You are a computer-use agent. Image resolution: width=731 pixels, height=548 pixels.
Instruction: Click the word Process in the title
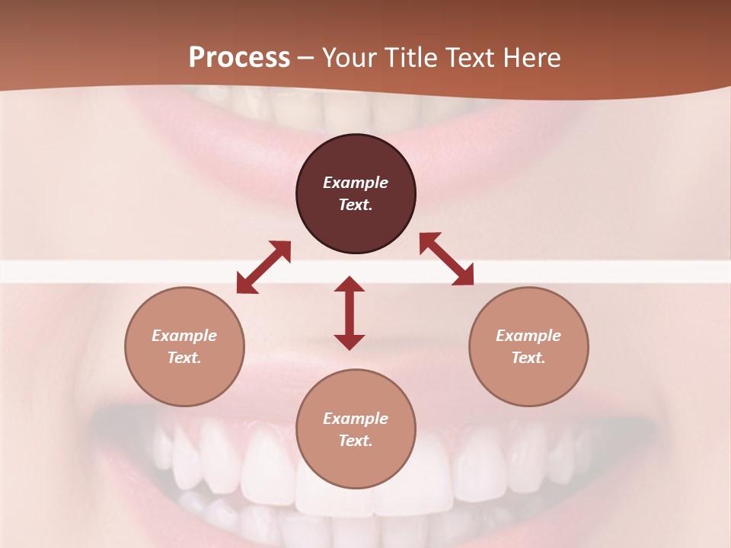(239, 58)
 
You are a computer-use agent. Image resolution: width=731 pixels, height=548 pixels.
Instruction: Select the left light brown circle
(184, 381)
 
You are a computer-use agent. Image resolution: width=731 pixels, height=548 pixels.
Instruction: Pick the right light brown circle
(528, 381)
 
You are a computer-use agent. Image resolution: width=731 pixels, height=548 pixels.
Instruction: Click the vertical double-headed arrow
(350, 313)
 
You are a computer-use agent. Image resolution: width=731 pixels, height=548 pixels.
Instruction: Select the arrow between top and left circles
(263, 267)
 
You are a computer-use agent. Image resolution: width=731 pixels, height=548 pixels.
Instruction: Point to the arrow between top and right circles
(446, 259)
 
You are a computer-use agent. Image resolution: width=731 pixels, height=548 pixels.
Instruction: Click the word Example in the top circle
(356, 183)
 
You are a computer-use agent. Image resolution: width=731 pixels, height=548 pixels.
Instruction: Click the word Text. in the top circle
(356, 205)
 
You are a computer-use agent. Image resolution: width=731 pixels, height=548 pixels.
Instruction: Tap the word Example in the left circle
(184, 336)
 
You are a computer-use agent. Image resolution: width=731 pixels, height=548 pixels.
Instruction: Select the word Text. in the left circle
(184, 358)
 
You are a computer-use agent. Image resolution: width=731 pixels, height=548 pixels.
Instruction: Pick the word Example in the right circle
(528, 336)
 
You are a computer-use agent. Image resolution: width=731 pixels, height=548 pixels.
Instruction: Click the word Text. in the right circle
(528, 358)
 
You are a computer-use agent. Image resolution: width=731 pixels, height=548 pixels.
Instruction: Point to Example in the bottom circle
(356, 419)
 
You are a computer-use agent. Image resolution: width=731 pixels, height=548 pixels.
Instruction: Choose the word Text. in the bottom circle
(356, 441)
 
